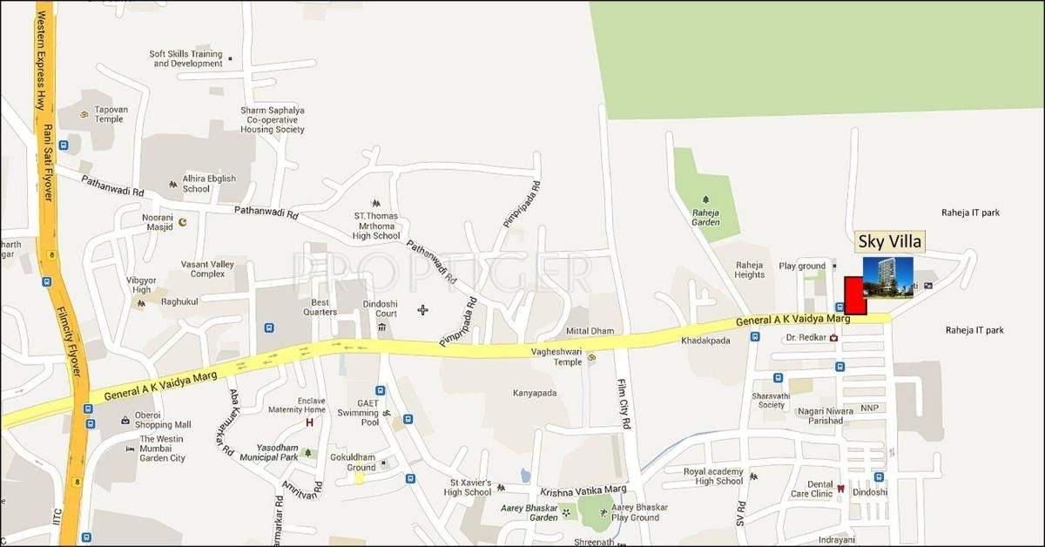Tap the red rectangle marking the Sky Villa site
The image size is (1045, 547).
855,295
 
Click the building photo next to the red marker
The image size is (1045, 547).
887,277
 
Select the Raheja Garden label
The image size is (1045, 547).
706,217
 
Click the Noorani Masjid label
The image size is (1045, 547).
158,221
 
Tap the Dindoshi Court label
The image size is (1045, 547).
380,307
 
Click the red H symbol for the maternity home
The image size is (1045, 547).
308,423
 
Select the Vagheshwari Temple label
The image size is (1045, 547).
556,356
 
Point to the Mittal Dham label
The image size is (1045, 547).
590,331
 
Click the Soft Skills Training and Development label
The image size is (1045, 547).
186,58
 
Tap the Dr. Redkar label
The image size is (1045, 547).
805,337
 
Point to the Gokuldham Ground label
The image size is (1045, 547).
360,462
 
